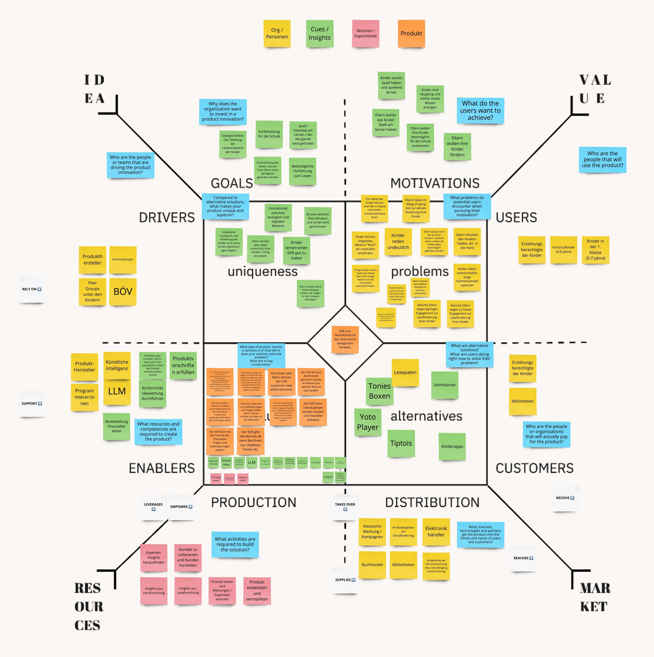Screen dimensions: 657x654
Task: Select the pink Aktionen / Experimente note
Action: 365,33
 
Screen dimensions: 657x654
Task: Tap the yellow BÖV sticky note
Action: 123,291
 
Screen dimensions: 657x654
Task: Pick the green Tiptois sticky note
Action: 401,443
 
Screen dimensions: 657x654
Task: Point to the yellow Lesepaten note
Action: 405,372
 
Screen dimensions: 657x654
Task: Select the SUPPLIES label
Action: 345,580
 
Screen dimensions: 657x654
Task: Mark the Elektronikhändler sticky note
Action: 436,532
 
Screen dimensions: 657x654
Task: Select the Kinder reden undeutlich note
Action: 398,241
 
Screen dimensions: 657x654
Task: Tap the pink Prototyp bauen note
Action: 216,479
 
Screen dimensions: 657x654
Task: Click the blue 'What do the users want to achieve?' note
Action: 480,110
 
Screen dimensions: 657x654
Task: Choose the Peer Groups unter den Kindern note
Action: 92,291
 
